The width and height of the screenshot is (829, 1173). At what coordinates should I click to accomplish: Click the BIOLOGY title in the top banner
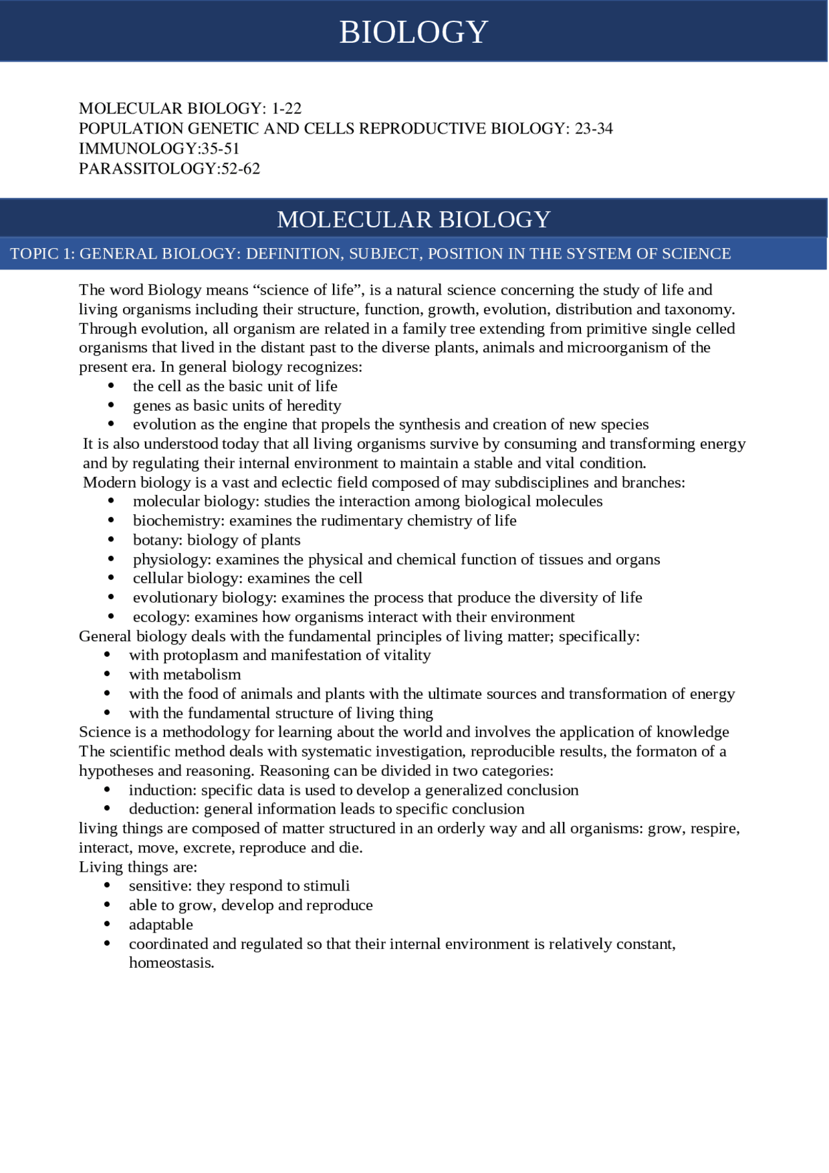pos(413,32)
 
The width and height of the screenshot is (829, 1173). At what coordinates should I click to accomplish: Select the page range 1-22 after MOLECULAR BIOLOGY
pos(286,108)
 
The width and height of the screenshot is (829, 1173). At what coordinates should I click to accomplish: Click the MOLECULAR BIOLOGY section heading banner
pos(413,220)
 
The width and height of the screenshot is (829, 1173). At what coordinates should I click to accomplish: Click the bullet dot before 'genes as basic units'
pos(111,405)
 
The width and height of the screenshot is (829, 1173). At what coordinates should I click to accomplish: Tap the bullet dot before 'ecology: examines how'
pos(111,617)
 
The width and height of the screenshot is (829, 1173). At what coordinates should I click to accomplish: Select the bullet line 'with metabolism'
pos(185,675)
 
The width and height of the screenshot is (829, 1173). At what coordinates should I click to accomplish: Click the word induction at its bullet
pos(162,790)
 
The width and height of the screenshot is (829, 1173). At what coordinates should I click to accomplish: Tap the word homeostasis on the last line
pos(170,963)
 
